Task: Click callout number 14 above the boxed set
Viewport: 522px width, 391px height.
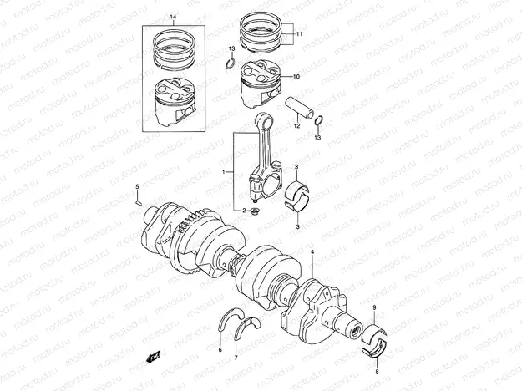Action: click(174, 18)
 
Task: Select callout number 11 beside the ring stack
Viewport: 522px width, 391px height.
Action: click(299, 33)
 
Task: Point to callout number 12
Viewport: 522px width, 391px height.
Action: click(296, 127)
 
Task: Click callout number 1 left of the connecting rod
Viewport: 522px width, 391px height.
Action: click(223, 171)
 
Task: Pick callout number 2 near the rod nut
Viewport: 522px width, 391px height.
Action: click(244, 211)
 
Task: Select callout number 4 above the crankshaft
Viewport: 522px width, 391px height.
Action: click(313, 251)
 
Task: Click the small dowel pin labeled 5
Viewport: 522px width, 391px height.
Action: click(138, 200)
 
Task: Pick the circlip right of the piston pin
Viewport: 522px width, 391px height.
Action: click(320, 127)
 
